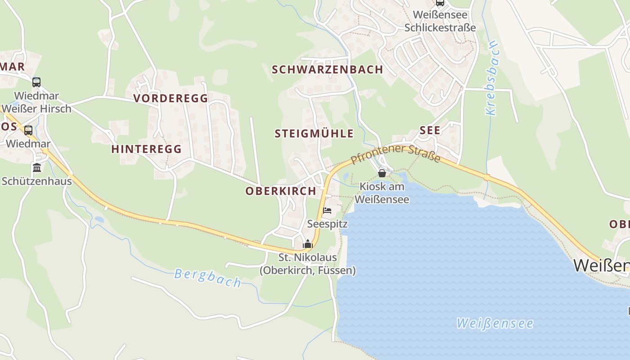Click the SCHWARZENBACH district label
(327, 69)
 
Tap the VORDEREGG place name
(171, 98)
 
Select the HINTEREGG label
(146, 149)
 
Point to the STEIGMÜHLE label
(314, 134)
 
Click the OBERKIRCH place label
(281, 191)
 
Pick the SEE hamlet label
(430, 130)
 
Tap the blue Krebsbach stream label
(492, 78)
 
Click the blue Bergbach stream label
(207, 278)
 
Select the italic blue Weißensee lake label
(495, 323)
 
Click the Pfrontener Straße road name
(396, 153)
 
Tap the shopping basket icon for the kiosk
(382, 173)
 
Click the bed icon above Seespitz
(327, 211)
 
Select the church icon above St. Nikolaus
(308, 244)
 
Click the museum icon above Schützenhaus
(37, 168)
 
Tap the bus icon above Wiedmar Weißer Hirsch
(36, 82)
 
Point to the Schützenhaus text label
(37, 181)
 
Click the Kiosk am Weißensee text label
(382, 193)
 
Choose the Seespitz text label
(327, 224)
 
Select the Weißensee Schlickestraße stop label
(440, 21)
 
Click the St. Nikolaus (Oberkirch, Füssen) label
(308, 264)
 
